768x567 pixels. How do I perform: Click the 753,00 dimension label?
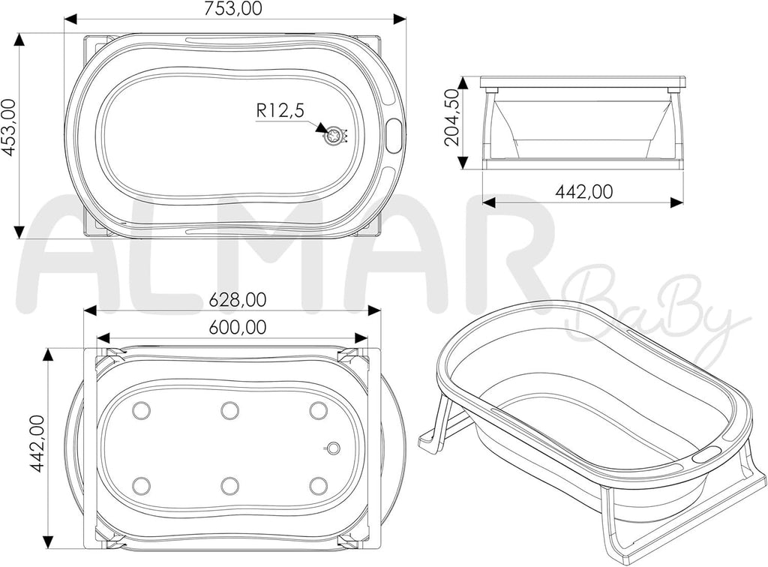tap(234, 8)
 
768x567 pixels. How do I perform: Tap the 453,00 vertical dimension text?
tap(9, 127)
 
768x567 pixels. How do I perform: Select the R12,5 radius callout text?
tap(280, 111)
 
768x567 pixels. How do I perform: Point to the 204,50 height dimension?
tap(451, 118)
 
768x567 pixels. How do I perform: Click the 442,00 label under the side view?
tap(583, 192)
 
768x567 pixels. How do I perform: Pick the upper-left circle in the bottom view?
tap(142, 410)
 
